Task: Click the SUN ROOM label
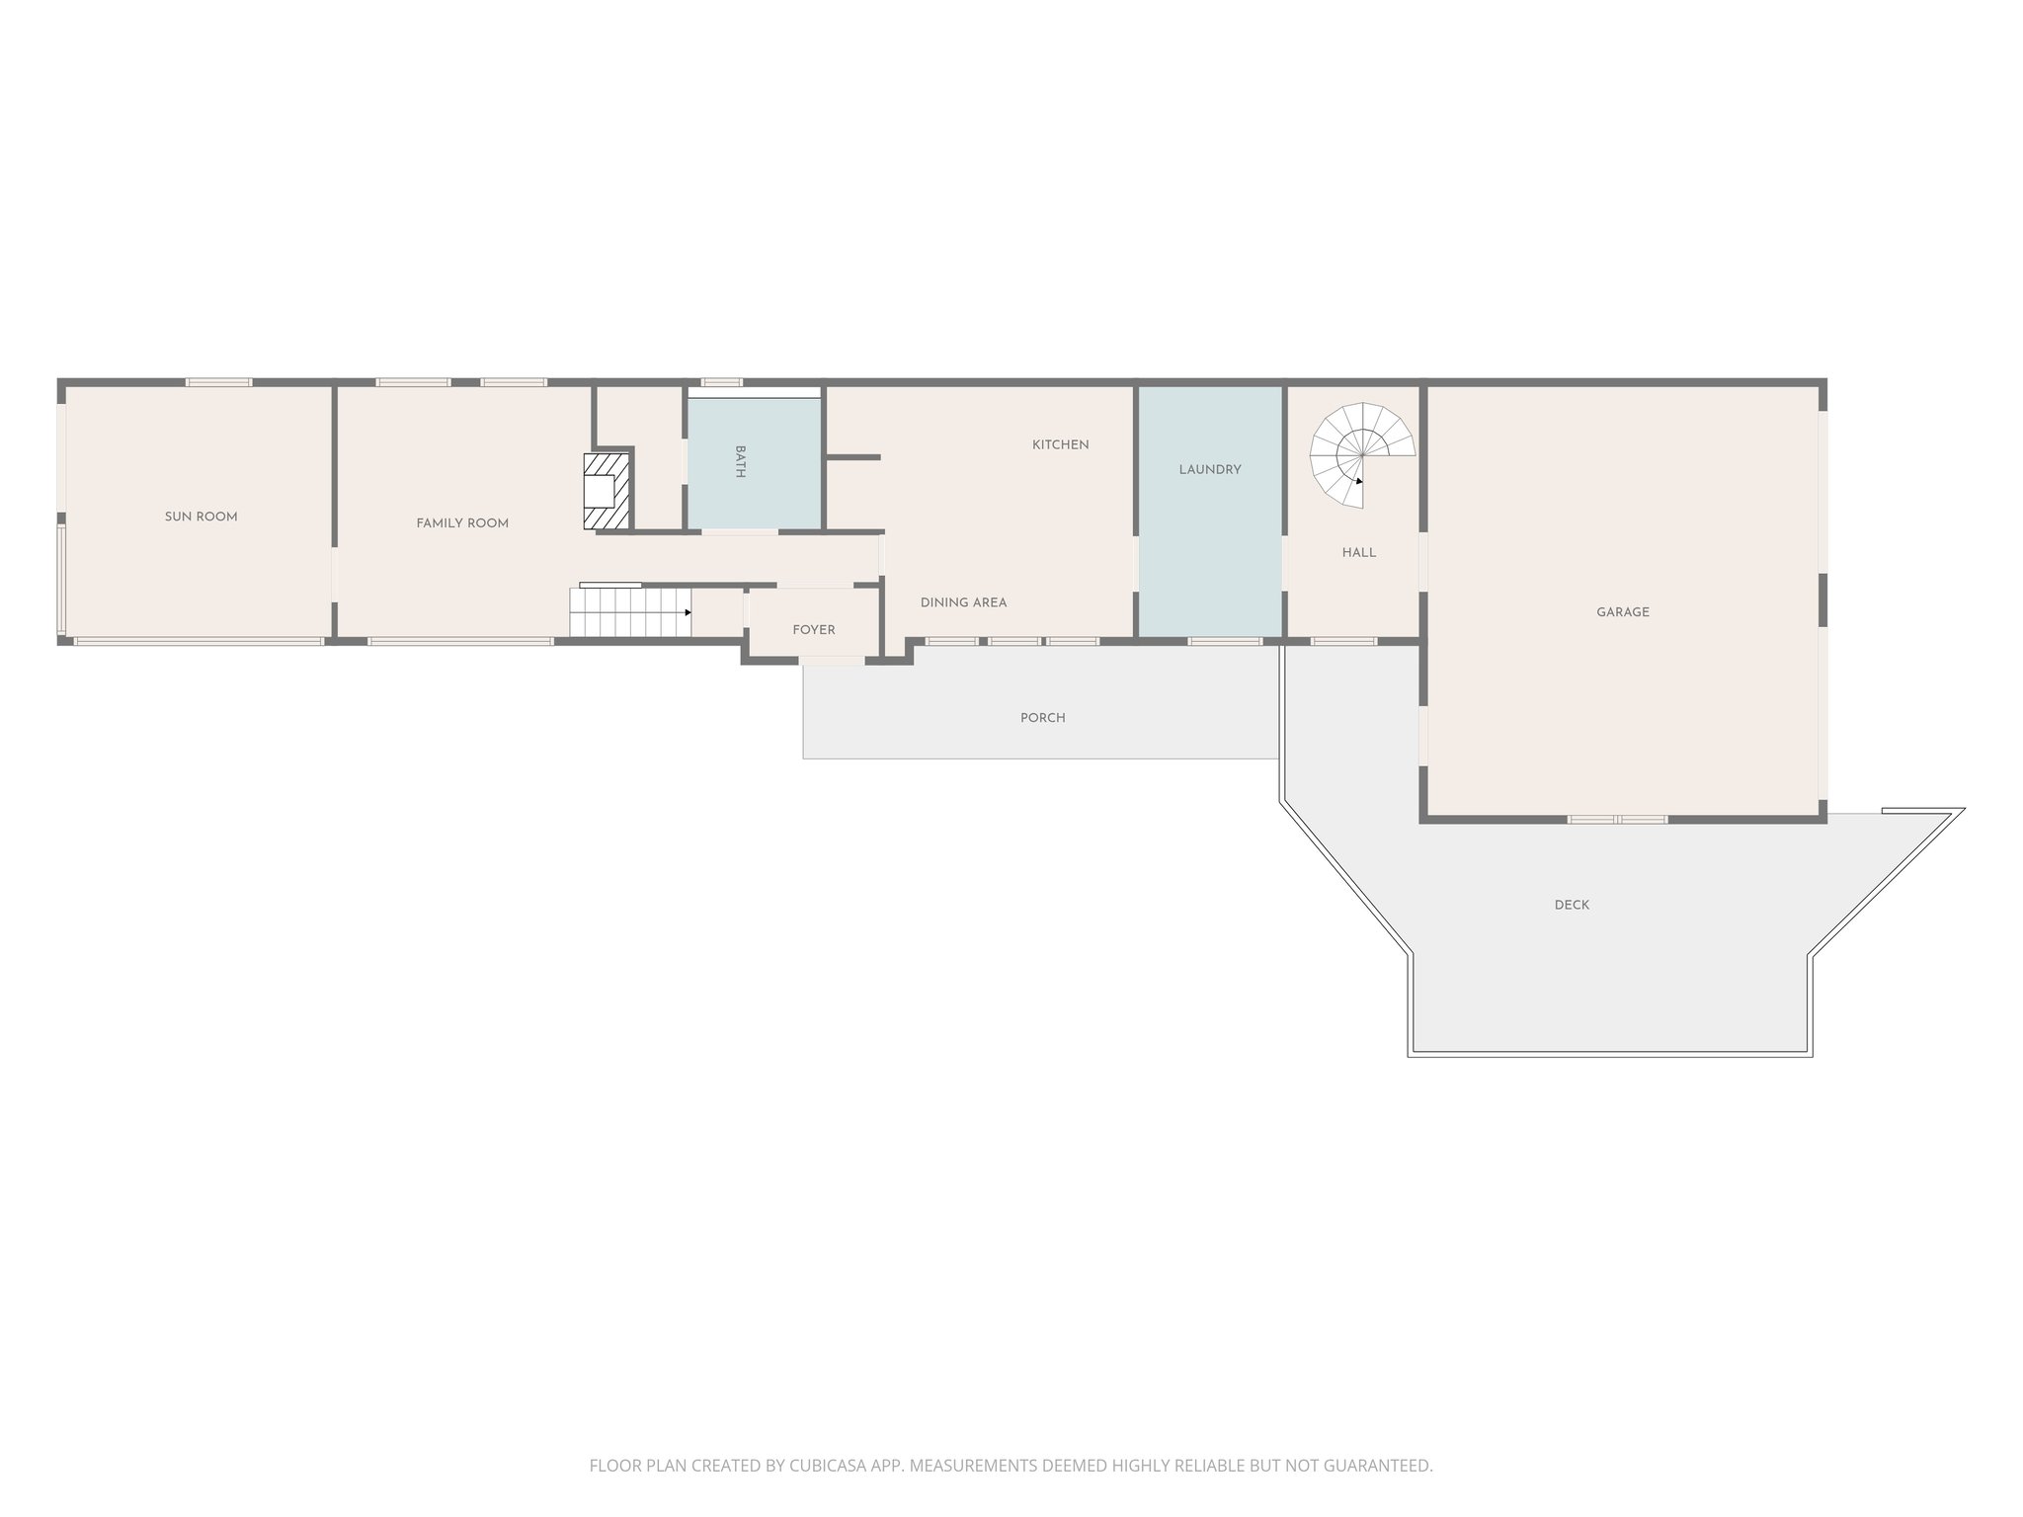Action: (x=201, y=517)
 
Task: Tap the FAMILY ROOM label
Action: (x=462, y=523)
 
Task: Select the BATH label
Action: (x=740, y=461)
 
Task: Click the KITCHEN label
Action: (x=1060, y=444)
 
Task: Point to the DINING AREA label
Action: (x=963, y=602)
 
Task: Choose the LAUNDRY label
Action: (x=1209, y=469)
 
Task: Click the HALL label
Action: (x=1358, y=552)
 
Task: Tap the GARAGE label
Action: (x=1622, y=612)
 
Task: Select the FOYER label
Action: (x=813, y=630)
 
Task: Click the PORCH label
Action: (x=1042, y=718)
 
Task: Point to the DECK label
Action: (x=1571, y=905)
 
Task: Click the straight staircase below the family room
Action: (x=628, y=612)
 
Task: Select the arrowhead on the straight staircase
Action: (x=688, y=612)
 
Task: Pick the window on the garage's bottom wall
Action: (x=1617, y=820)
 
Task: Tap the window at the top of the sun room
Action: (x=218, y=382)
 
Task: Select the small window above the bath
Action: (x=721, y=382)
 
